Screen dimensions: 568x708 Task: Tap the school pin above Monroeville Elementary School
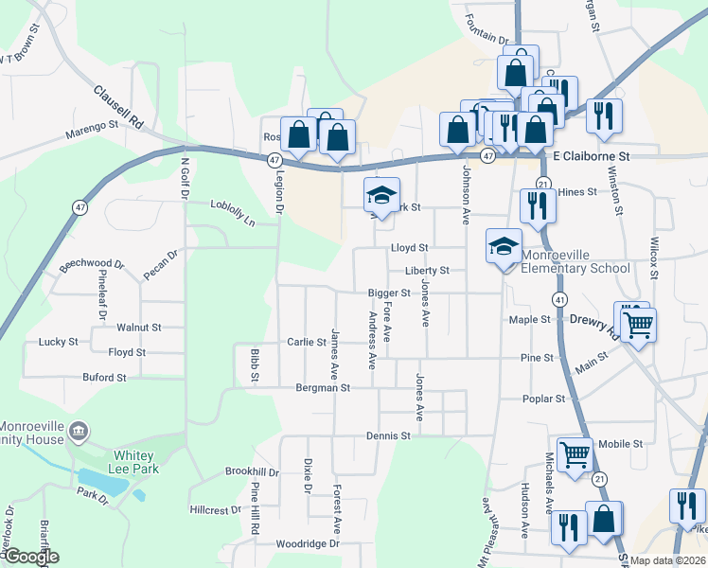pos(504,247)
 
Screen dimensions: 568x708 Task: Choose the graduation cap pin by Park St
pos(381,196)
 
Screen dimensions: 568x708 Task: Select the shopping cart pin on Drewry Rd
pos(639,325)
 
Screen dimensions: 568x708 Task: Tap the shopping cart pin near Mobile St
pos(575,455)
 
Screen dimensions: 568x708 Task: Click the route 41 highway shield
pos(561,300)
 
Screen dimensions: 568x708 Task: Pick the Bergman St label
pos(323,388)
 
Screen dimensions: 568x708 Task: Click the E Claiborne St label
pos(591,154)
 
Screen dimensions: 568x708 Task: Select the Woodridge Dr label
pos(307,544)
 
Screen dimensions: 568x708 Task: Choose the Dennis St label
pos(389,436)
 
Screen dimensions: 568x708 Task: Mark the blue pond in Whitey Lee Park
pos(103,483)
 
